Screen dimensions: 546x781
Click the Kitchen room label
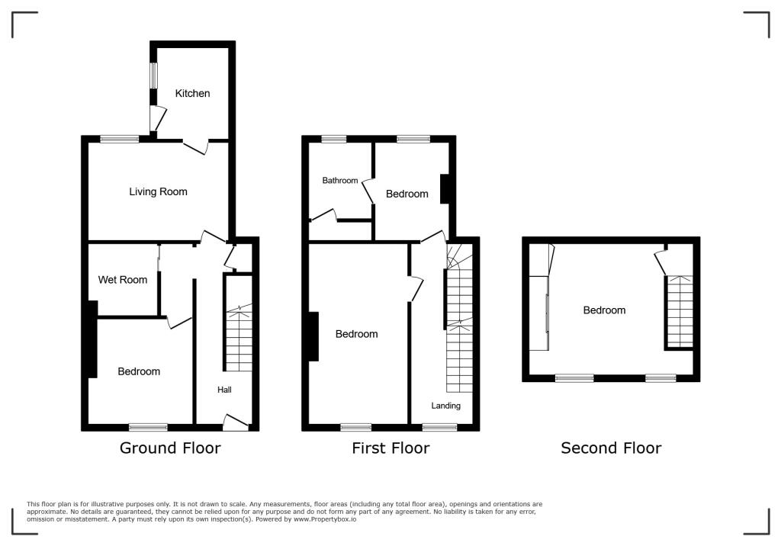click(192, 93)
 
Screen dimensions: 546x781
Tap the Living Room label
click(158, 191)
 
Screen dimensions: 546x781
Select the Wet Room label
click(123, 280)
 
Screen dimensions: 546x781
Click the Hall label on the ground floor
click(224, 390)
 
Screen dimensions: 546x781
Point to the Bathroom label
click(339, 181)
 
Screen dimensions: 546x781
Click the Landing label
click(445, 406)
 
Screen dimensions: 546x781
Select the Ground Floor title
click(170, 448)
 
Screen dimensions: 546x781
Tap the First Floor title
click(390, 448)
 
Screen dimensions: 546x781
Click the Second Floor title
click(611, 448)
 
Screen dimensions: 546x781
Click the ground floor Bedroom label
click(139, 371)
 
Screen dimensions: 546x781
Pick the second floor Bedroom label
click(604, 310)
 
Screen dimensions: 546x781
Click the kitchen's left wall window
click(153, 75)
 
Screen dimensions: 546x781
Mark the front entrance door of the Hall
click(235, 421)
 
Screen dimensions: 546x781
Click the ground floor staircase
click(239, 336)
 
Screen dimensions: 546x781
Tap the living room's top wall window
click(120, 139)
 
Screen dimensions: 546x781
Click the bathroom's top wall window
click(333, 139)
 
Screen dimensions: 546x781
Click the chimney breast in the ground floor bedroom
click(92, 339)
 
